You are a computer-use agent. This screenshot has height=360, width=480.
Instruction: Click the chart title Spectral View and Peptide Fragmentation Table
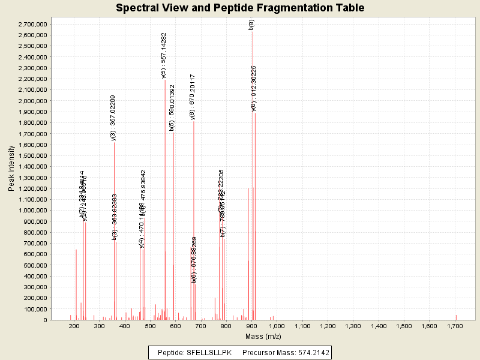click(240, 8)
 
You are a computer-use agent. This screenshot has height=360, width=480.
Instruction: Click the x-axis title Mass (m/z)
click(264, 337)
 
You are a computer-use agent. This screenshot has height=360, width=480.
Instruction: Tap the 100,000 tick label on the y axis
click(33, 309)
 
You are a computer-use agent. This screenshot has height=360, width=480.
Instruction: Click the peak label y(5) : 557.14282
click(164, 55)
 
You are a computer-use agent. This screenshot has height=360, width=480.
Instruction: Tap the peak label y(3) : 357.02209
click(113, 118)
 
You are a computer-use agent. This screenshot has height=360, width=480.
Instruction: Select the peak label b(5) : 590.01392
click(172, 107)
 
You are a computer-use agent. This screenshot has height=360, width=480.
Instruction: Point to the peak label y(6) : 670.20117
click(193, 97)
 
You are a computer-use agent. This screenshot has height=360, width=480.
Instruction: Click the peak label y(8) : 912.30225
click(254, 88)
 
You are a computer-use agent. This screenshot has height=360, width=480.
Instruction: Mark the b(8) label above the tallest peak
click(251, 24)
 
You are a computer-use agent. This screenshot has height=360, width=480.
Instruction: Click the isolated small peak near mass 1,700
click(456, 317)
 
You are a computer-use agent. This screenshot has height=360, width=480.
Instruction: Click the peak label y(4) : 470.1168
click(142, 225)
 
